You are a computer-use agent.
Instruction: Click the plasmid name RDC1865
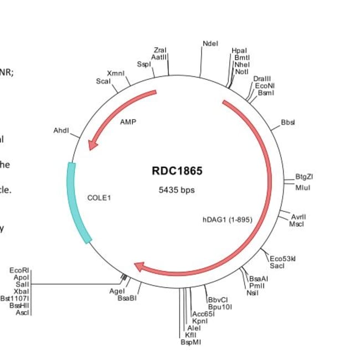pyautogui.click(x=177, y=171)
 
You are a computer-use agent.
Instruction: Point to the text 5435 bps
pyautogui.click(x=177, y=189)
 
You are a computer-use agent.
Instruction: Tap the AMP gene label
pyautogui.click(x=128, y=122)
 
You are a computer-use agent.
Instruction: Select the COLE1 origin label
pyautogui.click(x=99, y=197)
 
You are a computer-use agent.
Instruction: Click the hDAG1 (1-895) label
pyautogui.click(x=227, y=219)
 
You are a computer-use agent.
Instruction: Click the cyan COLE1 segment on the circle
pyautogui.click(x=78, y=202)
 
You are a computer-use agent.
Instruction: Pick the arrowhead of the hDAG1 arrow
pyautogui.click(x=140, y=268)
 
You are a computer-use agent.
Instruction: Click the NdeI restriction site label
pyautogui.click(x=210, y=43)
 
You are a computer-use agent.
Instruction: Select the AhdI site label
pyautogui.click(x=61, y=131)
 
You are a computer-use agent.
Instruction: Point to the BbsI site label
pyautogui.click(x=288, y=122)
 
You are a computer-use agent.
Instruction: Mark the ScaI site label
pyautogui.click(x=103, y=81)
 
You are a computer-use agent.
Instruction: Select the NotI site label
pyautogui.click(x=241, y=71)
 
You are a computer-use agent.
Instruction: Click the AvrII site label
pyautogui.click(x=299, y=217)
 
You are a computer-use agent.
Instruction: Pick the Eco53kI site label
pyautogui.click(x=283, y=259)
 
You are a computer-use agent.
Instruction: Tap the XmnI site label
pyautogui.click(x=116, y=73)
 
